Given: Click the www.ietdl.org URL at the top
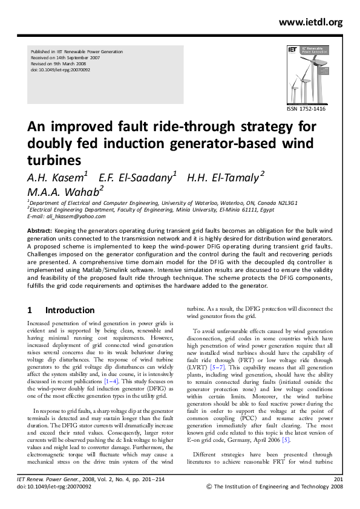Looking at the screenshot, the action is point(310,22).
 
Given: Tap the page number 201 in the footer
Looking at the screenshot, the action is point(338,478).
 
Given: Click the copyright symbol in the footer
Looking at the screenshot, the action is point(210,485).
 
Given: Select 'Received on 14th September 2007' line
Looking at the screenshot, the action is point(66,57).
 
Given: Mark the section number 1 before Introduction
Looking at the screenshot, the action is point(30,310).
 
